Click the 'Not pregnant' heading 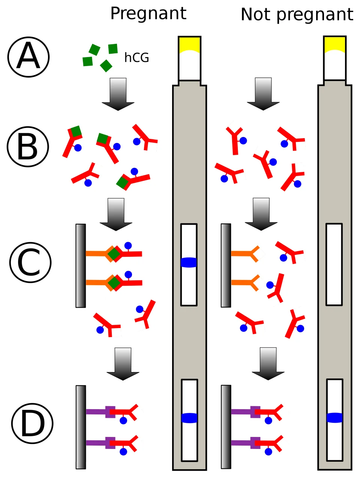click(297, 15)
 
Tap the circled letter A click(28, 57)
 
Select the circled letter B click(28, 147)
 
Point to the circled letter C click(30, 262)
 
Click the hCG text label click(136, 57)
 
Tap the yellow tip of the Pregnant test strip click(189, 45)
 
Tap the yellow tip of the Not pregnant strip click(335, 45)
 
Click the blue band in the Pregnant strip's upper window click(189, 262)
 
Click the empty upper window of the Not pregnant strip click(334, 264)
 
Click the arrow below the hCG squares click(118, 94)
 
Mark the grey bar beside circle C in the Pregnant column click(81, 266)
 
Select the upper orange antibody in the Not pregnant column click(246, 254)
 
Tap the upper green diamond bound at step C click(114, 254)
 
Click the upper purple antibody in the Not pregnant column click(246, 412)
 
